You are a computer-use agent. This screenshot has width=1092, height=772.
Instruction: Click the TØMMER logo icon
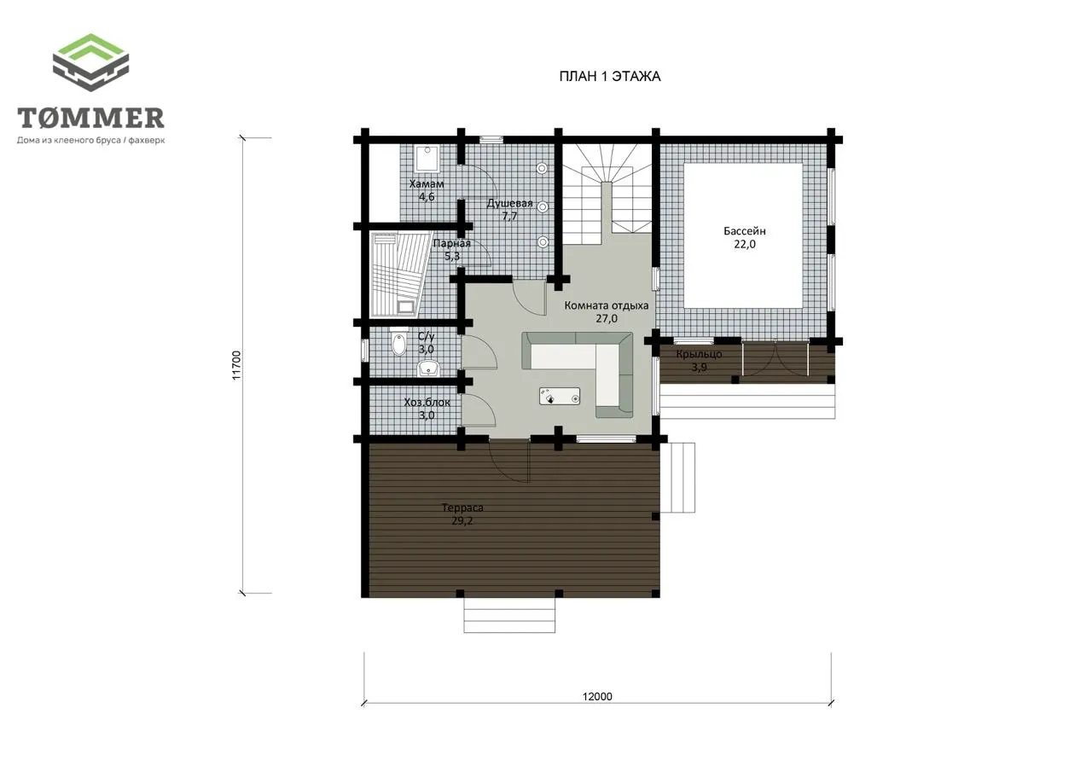click(90, 62)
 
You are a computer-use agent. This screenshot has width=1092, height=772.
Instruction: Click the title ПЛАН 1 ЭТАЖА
click(609, 77)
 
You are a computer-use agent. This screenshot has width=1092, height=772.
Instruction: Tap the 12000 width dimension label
click(597, 696)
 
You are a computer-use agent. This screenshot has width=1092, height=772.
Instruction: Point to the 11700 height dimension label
click(236, 365)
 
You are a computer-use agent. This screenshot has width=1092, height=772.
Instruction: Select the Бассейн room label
click(745, 231)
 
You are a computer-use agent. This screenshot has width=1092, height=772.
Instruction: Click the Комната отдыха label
click(607, 305)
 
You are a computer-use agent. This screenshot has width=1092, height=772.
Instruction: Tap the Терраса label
click(462, 508)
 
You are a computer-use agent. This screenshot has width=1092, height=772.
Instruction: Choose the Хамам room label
click(427, 183)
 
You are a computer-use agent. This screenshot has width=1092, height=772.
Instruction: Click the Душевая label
click(509, 203)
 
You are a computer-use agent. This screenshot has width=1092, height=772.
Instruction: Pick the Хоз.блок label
click(427, 403)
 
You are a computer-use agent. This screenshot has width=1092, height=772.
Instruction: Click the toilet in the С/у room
click(398, 341)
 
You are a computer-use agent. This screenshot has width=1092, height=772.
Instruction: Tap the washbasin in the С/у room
click(428, 369)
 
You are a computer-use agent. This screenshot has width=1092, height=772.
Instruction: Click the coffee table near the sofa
click(560, 396)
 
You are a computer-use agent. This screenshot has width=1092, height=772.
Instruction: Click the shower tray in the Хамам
click(427, 159)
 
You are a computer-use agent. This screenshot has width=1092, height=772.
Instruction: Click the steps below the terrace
click(509, 616)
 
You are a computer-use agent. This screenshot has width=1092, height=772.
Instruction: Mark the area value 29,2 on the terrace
click(462, 521)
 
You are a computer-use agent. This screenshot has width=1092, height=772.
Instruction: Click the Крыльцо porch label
click(699, 354)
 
